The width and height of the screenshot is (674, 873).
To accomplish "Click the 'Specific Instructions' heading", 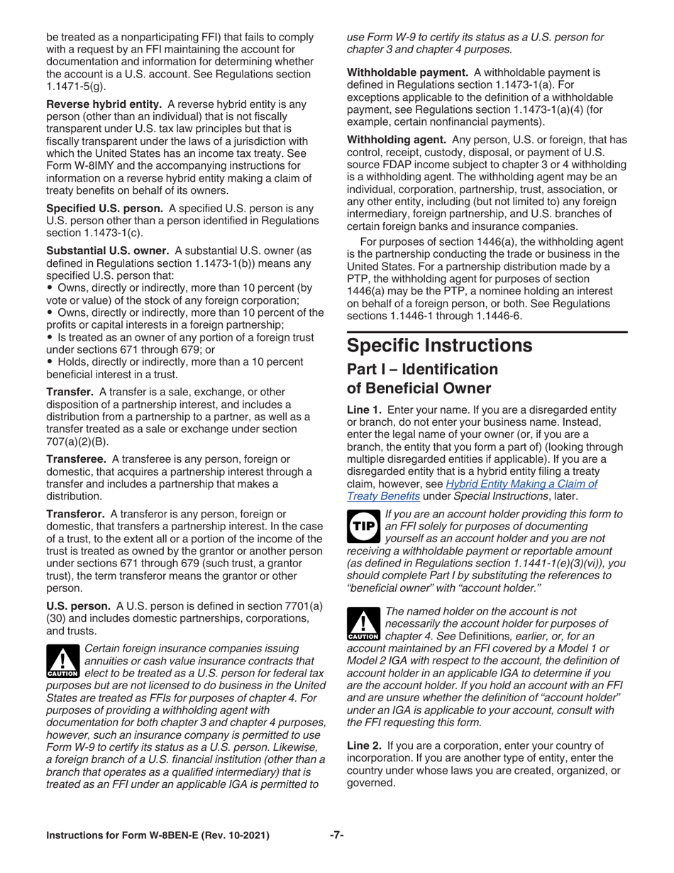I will point(439,346).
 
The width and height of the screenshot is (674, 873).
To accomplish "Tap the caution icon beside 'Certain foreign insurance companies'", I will point(62,661).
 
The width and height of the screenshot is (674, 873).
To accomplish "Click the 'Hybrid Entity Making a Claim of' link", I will point(521,484).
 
